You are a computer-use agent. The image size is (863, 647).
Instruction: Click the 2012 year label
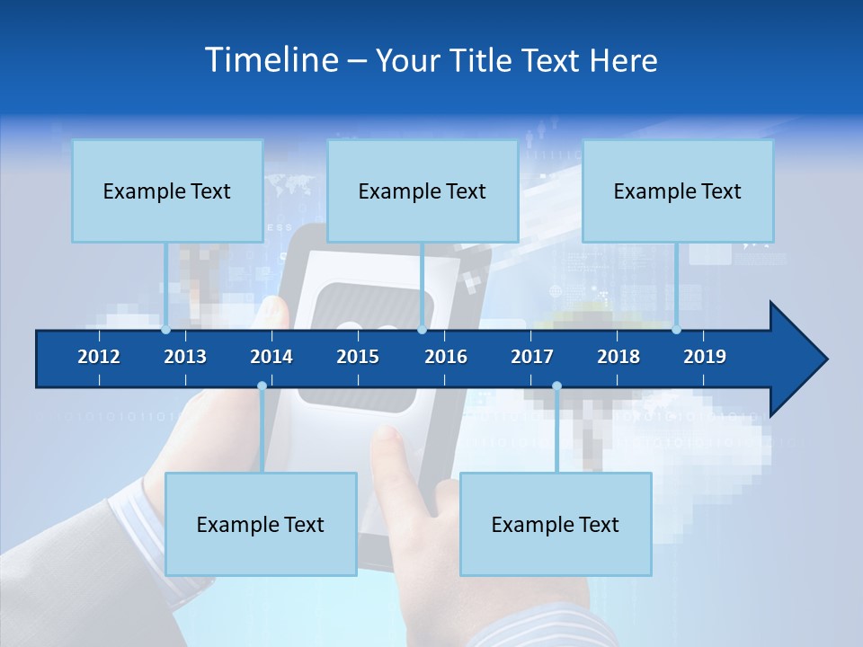click(x=99, y=357)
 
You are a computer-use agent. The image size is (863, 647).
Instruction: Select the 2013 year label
click(x=185, y=357)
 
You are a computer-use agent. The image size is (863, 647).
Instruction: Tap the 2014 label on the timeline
click(x=271, y=357)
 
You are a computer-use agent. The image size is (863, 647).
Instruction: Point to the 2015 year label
click(x=358, y=357)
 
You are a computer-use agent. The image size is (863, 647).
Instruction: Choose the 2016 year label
click(x=446, y=357)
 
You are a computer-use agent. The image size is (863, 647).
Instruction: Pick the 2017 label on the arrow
click(x=532, y=357)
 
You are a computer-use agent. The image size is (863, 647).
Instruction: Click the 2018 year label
click(x=618, y=357)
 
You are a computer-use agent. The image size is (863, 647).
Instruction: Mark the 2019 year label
click(x=705, y=357)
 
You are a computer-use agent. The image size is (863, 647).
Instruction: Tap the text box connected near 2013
click(x=167, y=191)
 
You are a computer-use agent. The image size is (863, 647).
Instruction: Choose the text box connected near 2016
click(x=423, y=191)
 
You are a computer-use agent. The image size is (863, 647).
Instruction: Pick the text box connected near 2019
click(x=678, y=191)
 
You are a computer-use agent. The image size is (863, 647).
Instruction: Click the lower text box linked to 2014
click(x=261, y=524)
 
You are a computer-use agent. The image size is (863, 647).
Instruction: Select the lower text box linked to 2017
click(x=556, y=524)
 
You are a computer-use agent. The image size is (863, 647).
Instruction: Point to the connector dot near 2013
click(x=166, y=330)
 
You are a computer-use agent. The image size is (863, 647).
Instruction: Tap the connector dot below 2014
click(x=262, y=386)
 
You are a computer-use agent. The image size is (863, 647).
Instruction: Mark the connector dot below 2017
click(x=556, y=386)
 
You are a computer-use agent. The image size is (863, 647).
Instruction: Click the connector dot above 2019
click(x=677, y=330)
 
